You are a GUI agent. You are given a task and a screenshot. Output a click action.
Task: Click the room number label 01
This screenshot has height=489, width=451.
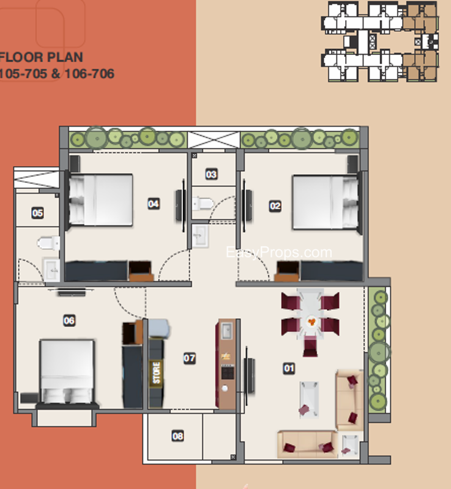click(288, 368)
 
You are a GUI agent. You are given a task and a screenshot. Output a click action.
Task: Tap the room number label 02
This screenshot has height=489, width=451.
click(275, 206)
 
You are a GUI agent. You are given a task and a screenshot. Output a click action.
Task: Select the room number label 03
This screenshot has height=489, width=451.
click(211, 174)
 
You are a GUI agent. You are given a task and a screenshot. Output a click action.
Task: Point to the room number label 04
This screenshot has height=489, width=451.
click(154, 204)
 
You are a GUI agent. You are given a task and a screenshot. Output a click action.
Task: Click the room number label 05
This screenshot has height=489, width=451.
click(38, 213)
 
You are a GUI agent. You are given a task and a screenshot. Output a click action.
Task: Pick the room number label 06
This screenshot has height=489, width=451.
click(69, 320)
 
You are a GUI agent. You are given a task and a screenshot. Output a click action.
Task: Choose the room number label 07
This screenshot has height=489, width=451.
click(190, 358)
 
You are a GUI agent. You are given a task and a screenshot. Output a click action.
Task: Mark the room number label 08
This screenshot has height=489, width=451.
click(177, 436)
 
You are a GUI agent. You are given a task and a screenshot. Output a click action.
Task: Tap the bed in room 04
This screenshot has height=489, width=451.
click(101, 200)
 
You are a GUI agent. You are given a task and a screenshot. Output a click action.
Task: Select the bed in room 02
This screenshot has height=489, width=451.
click(324, 202)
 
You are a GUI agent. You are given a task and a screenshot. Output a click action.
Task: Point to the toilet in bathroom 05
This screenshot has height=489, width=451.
click(48, 243)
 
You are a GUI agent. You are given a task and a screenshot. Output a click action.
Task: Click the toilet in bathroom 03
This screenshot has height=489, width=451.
click(202, 204)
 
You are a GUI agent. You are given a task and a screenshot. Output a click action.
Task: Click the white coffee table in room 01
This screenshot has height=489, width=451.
click(308, 397)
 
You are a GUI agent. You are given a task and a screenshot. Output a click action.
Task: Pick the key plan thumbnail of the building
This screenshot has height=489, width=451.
click(380, 41)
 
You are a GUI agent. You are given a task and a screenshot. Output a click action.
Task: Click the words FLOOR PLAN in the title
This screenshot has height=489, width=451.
click(42, 58)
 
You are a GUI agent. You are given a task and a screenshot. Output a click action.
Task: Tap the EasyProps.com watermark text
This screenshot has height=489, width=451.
click(279, 252)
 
